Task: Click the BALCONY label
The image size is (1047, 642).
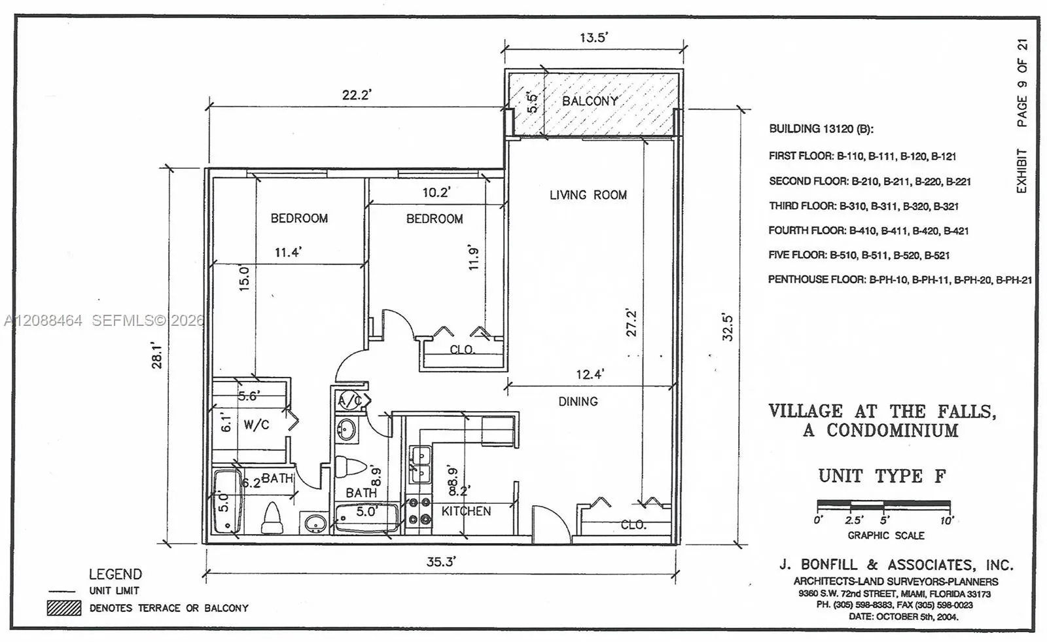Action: [x=590, y=101]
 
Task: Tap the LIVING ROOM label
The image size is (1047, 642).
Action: [x=588, y=195]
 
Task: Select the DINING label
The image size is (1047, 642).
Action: [x=578, y=401]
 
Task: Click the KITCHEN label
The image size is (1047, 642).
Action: [x=466, y=511]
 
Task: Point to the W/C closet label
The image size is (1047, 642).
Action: [x=256, y=425]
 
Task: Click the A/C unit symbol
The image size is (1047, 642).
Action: [x=349, y=401]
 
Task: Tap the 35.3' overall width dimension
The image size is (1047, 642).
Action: [x=441, y=561]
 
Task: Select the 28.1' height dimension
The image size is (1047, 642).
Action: [x=156, y=355]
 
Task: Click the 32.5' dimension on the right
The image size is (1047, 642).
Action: [x=727, y=327]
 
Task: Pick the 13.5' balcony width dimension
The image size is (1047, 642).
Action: [x=594, y=37]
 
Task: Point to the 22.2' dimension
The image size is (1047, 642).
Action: [x=356, y=95]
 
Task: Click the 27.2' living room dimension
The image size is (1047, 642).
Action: [x=631, y=323]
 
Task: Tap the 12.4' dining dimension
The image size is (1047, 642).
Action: [x=590, y=374]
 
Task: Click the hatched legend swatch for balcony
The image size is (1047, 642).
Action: [x=64, y=608]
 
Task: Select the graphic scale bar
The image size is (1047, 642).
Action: [x=883, y=505]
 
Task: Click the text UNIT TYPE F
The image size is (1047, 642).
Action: [x=882, y=476]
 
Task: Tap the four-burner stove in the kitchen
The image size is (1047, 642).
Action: [x=419, y=511]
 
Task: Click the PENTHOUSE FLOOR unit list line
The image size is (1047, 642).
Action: [x=900, y=279]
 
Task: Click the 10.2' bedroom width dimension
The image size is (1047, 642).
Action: [x=436, y=192]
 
